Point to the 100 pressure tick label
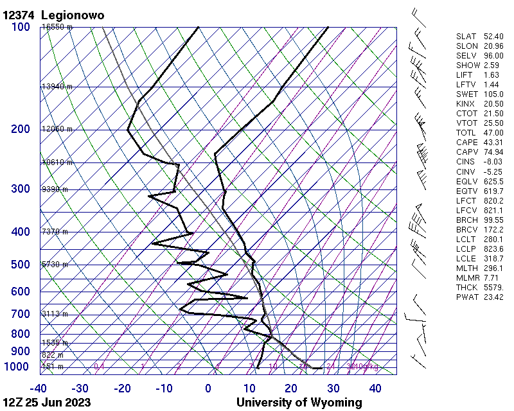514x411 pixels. coord(21,27)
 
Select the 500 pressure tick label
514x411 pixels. coord(21,265)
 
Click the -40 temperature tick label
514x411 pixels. coord(38,389)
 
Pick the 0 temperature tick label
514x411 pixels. coord(208,389)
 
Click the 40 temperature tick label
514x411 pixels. coord(375,389)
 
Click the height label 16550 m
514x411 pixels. coord(57,27)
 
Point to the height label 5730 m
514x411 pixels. coord(55,265)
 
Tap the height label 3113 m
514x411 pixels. coord(55,314)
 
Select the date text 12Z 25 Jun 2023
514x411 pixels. coord(47,403)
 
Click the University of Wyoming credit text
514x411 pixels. coord(299,403)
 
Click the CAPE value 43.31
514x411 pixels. coord(493,142)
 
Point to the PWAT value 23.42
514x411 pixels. coord(493,297)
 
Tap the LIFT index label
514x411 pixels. coord(465,74)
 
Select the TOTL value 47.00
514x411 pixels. coord(493,132)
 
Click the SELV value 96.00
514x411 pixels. coord(493,55)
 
